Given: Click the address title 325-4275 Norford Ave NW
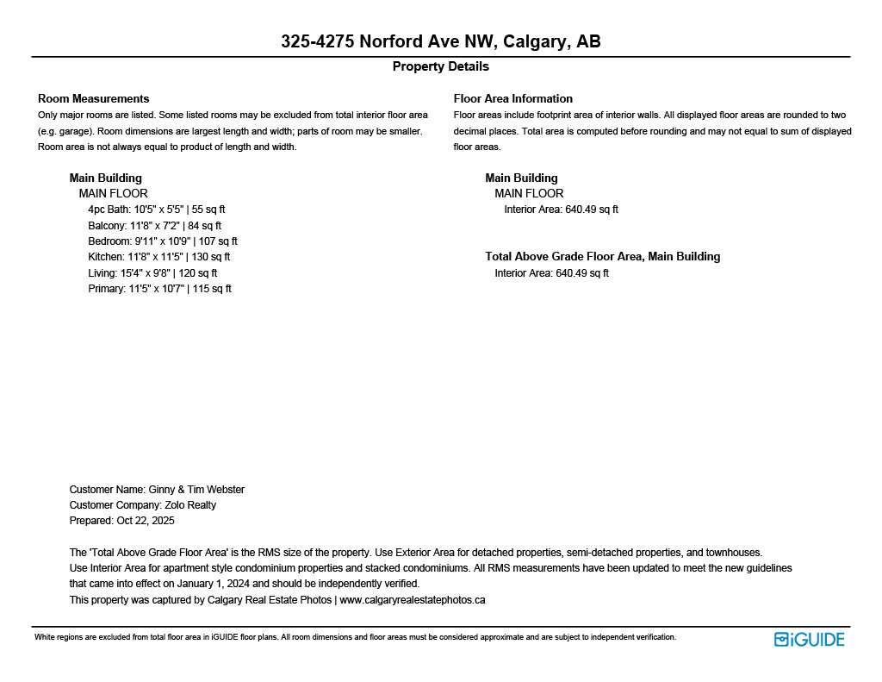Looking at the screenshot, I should (x=440, y=41).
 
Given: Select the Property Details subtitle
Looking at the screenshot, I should (x=440, y=66).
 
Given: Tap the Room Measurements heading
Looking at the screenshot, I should (x=93, y=98).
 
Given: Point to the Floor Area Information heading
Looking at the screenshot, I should (x=512, y=98).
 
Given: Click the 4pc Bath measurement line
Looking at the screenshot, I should (x=156, y=210).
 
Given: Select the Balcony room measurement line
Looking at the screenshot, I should (x=154, y=226).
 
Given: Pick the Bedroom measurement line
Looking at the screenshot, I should (x=162, y=241).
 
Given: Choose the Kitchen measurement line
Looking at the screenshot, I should (x=158, y=257).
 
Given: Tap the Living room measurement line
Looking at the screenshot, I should (x=152, y=273).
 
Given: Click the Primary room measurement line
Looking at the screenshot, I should (x=159, y=289).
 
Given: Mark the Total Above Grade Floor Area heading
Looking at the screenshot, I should (x=602, y=256).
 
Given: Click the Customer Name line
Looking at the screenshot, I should (x=157, y=490).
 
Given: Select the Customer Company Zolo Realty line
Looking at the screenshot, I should (x=142, y=505).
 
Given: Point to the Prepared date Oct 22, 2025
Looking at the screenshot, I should (x=121, y=521).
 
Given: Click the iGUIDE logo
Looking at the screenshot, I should (x=809, y=639).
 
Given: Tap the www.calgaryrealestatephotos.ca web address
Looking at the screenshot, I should (x=413, y=600).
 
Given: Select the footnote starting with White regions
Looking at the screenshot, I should (x=355, y=637).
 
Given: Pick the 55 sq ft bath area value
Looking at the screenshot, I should (x=208, y=210).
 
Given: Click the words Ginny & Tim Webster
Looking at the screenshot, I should (x=196, y=490).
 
